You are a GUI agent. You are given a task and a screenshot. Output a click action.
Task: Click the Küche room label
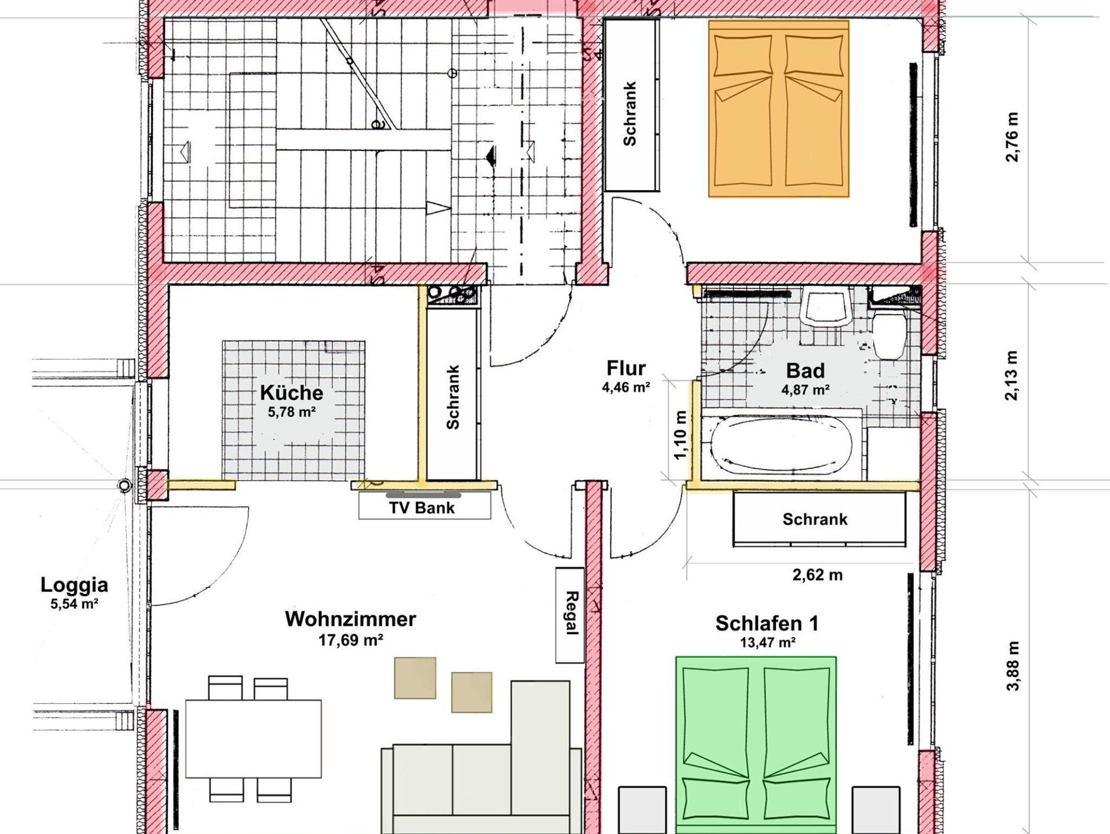[292, 392]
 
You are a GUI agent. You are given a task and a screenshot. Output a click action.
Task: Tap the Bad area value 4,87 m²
[805, 389]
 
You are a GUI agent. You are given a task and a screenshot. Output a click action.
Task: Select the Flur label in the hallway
[626, 368]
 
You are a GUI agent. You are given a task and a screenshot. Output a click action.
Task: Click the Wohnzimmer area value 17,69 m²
[351, 640]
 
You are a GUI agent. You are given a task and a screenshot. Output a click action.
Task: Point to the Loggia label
[74, 585]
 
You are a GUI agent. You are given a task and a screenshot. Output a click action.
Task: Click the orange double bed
[778, 108]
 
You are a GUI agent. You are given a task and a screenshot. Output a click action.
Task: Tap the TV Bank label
[422, 508]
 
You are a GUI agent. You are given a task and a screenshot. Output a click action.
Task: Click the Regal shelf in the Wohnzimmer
[570, 615]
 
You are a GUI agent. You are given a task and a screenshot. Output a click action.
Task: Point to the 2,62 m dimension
[817, 575]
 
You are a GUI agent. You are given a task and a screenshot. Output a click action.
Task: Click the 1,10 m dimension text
[680, 435]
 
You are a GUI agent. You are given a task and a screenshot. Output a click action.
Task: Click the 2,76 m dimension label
[1012, 137]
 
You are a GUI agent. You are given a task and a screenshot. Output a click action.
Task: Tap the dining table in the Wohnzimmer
[254, 739]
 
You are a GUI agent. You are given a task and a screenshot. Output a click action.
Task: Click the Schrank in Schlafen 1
[819, 519]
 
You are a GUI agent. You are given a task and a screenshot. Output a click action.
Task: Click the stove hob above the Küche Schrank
[453, 295]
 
